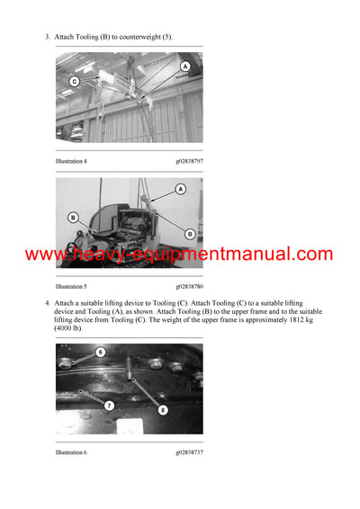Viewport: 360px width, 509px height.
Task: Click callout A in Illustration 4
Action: coord(185,67)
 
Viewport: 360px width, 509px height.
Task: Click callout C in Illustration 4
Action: coord(74,81)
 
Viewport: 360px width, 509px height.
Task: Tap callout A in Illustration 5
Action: coord(180,190)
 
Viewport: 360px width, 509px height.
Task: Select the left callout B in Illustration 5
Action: coord(73,217)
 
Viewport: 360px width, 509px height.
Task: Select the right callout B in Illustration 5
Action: coord(190,233)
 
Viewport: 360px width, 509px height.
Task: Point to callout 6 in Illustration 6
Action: coord(101,352)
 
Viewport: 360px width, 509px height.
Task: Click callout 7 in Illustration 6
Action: coord(108,406)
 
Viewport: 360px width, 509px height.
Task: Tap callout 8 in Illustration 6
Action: coord(162,410)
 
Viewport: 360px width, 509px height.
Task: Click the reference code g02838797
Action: coord(189,161)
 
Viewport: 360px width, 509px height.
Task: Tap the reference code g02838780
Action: coord(189,286)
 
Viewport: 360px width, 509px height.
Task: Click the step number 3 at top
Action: coord(46,37)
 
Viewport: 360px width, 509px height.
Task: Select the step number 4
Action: coord(46,303)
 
